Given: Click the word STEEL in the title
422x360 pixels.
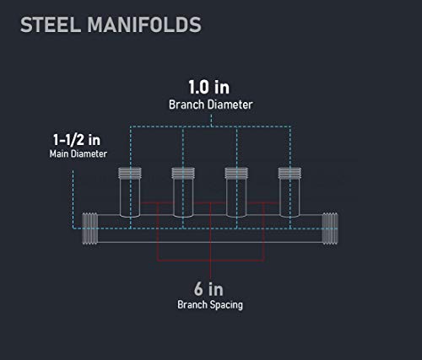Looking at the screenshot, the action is click(51, 24).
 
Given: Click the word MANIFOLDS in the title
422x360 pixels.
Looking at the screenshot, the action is click(144, 24).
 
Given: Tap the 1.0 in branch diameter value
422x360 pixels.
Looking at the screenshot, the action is click(209, 87).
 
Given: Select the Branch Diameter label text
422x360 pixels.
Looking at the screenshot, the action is click(211, 105).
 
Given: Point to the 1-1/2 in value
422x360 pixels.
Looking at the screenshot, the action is click(77, 140).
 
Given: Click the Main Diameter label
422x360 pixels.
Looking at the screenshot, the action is click(78, 153).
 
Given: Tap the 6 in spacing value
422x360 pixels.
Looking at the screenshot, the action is click(208, 289).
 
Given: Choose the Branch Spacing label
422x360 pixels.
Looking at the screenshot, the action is click(210, 304).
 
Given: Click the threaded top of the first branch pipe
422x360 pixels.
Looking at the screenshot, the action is click(130, 173).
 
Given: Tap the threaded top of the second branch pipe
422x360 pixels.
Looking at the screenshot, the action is click(183, 173).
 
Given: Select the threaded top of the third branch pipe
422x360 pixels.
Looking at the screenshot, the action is click(236, 173).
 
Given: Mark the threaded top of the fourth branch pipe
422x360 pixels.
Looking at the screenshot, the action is click(289, 173).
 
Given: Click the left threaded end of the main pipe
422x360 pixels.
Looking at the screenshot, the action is click(90, 228).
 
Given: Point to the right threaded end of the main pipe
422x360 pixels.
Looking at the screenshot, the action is click(330, 228).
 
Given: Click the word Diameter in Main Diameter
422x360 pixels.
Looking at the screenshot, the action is click(89, 153).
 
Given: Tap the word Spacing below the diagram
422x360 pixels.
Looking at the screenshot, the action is click(226, 305).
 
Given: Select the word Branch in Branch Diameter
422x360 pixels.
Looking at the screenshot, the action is click(187, 105).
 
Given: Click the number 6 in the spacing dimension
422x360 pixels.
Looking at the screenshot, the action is click(198, 289).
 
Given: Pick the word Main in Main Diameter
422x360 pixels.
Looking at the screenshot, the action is click(59, 153).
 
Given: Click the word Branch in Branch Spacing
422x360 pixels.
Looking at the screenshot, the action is click(192, 304).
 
